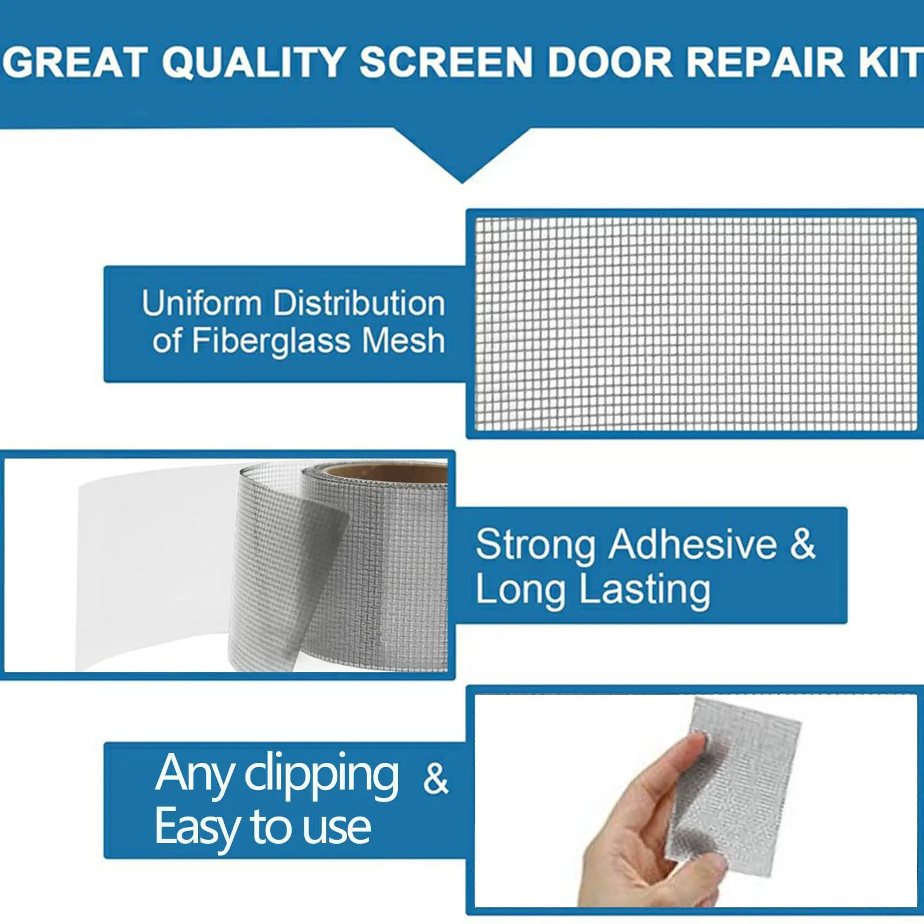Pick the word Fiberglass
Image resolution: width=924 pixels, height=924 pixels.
coord(271,341)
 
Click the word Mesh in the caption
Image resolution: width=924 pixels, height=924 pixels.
coord(404,340)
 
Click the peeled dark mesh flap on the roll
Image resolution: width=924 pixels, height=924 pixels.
coord(289,583)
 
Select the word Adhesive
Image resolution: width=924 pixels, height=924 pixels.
coord(693,544)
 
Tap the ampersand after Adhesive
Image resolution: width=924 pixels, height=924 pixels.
coord(803,544)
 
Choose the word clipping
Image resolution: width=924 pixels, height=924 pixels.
coord(322,776)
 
